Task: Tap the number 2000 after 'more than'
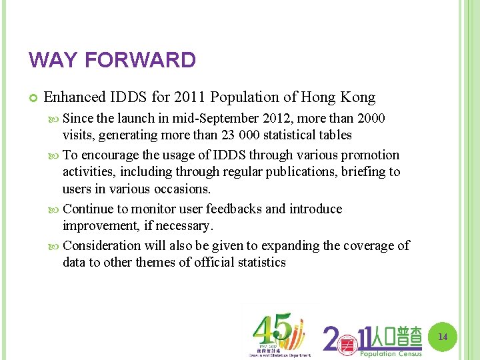click(x=371, y=118)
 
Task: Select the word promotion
click(x=370, y=155)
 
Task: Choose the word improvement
click(x=98, y=226)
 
